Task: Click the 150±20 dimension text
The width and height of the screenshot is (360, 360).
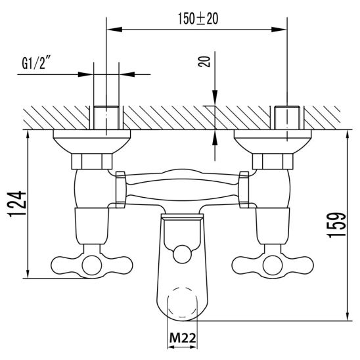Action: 198,19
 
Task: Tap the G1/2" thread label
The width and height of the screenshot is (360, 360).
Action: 36,63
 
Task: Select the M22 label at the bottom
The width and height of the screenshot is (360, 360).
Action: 183,338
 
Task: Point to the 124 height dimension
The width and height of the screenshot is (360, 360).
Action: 18,204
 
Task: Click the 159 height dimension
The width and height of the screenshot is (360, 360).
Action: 337,225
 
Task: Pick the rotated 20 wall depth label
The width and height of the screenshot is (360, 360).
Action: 204,62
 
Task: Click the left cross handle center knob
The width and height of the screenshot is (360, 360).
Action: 92,266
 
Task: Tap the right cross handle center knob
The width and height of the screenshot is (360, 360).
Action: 273,266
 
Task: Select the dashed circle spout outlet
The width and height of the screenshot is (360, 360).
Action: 183,302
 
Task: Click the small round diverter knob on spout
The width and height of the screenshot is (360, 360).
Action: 182,254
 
